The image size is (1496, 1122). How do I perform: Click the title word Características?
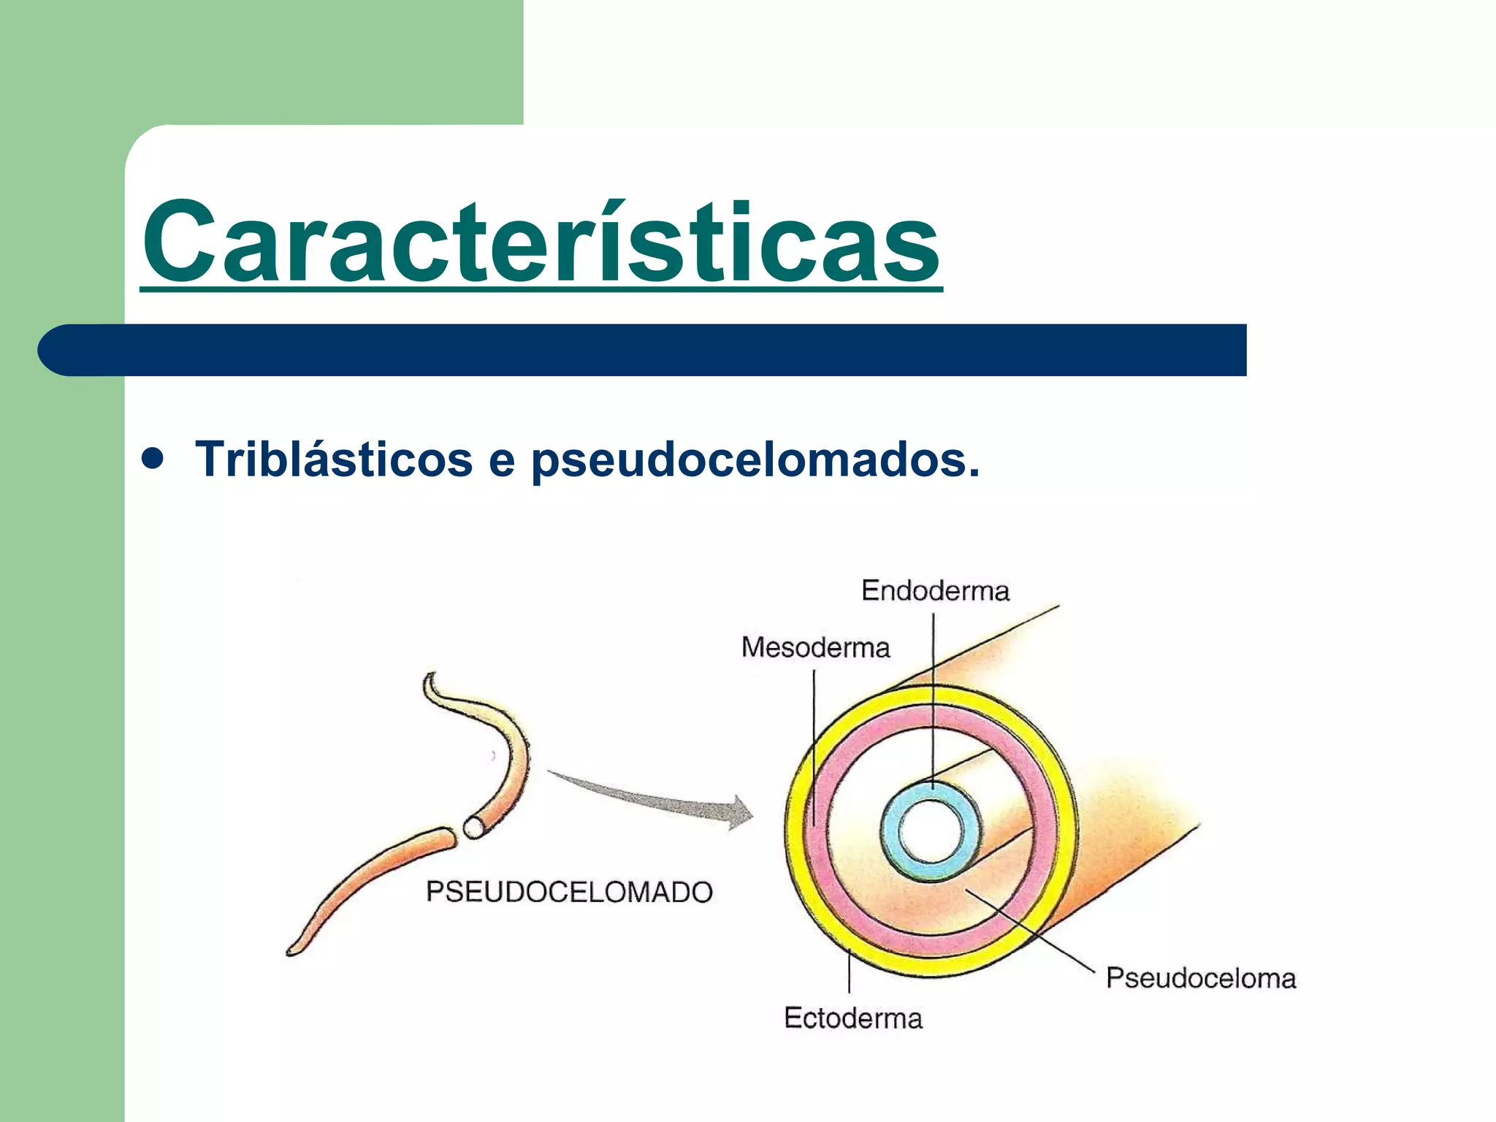click(541, 241)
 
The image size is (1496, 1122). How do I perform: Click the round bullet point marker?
click(153, 459)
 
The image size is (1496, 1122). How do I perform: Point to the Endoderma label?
click(935, 590)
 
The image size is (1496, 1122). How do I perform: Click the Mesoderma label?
click(815, 648)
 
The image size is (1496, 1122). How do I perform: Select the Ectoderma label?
click(852, 1018)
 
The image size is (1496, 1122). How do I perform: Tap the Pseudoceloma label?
click(1200, 978)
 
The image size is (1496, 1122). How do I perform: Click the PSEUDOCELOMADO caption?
click(569, 892)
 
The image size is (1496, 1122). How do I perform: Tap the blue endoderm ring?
click(891, 833)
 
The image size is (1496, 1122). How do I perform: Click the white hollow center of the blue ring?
click(931, 833)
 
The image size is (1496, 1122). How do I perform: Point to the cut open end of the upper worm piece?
click(474, 827)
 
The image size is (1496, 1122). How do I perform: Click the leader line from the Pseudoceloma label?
click(1030, 931)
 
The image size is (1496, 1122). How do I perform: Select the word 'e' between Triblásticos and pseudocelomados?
click(501, 461)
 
